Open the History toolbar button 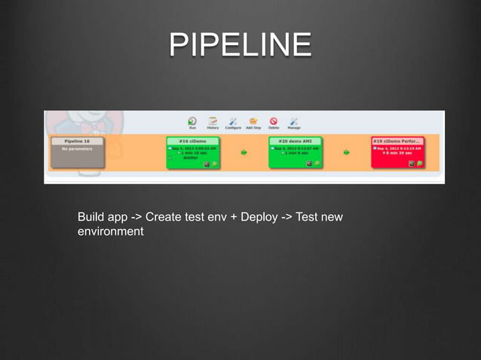click(213, 122)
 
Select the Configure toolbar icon click(233, 122)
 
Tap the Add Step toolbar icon click(253, 122)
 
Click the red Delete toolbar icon click(274, 122)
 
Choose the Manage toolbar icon click(294, 122)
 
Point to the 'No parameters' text click(77, 148)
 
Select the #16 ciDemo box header click(193, 141)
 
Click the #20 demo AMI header click(296, 141)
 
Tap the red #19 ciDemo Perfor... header click(397, 141)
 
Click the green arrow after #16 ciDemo click(244, 153)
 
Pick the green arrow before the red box click(346, 153)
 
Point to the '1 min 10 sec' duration click(195, 154)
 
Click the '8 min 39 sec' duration click(399, 154)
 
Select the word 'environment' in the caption click(110, 231)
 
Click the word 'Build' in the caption click(91, 217)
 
